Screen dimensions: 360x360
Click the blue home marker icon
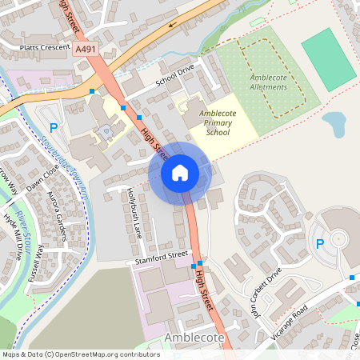coord(180,173)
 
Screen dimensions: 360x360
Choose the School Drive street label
coord(175,74)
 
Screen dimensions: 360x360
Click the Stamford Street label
coord(162,256)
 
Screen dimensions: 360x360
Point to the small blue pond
coord(334,123)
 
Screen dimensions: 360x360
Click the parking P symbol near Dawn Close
coord(54,127)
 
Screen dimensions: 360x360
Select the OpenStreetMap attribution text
coord(81,354)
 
